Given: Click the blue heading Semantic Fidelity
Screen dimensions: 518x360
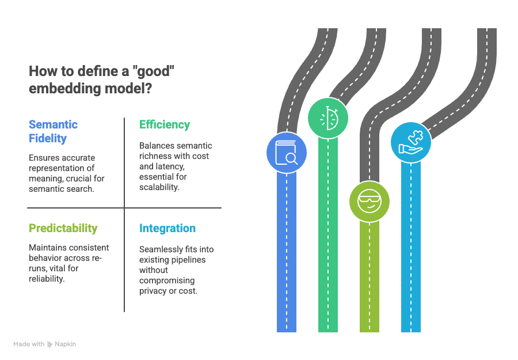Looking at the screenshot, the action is [x=53, y=131].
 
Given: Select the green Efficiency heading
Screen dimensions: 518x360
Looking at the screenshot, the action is [x=165, y=124].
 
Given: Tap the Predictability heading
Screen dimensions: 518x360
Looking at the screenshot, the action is [x=63, y=228].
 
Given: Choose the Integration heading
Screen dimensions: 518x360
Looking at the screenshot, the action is [x=167, y=228].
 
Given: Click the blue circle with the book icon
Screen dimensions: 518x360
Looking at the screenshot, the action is [x=287, y=153].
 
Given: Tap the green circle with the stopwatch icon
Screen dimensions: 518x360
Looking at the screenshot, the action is [x=327, y=118].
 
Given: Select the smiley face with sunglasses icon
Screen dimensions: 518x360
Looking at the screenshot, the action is [x=370, y=202].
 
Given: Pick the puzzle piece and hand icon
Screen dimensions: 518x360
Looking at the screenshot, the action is [x=411, y=142].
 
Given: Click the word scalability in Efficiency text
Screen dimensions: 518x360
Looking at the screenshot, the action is [x=159, y=187].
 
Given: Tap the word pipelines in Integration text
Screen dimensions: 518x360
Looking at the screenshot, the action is [x=188, y=260].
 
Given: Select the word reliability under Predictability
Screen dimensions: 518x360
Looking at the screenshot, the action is [x=47, y=279].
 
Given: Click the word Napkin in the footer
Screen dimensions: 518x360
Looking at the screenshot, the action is [x=65, y=344].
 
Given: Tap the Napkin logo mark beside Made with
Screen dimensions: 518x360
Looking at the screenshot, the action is [x=49, y=344].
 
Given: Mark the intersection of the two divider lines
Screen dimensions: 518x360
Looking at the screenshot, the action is [x=124, y=208].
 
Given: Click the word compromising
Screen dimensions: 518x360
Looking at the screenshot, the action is [x=167, y=281].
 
